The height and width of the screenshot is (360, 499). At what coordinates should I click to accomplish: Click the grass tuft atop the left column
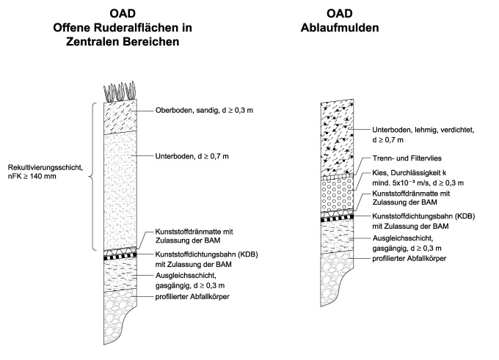[x=119, y=93]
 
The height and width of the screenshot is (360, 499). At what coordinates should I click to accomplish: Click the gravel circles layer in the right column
[x=338, y=196]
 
